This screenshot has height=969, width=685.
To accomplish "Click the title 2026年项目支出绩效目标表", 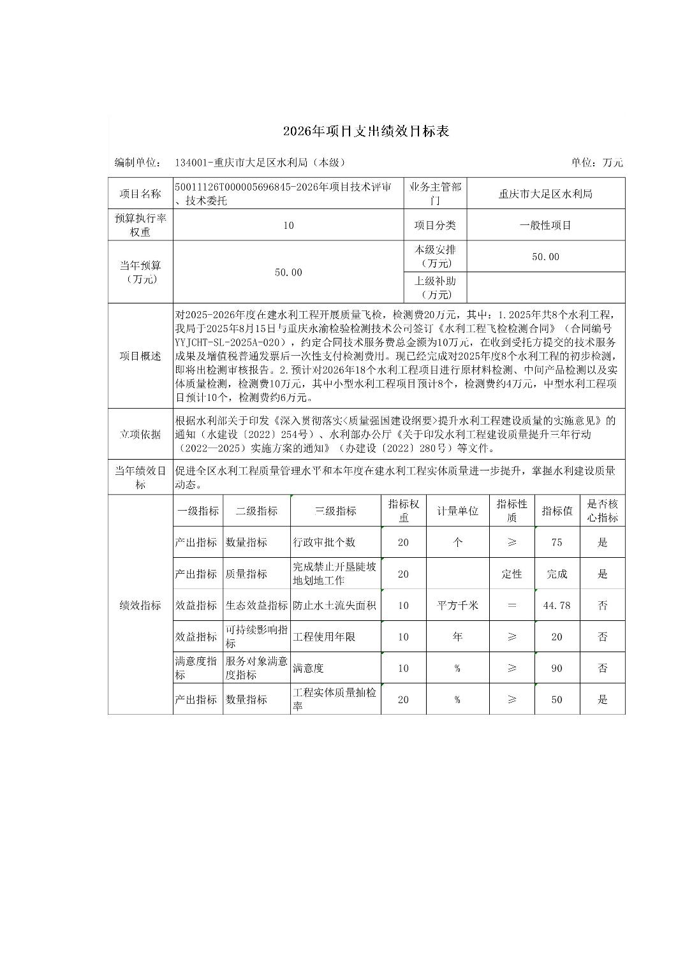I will tap(366, 131).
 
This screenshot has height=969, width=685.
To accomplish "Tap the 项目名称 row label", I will tap(140, 194).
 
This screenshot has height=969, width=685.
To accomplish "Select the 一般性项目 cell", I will tap(545, 225).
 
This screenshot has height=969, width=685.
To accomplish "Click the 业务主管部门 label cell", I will tap(436, 194).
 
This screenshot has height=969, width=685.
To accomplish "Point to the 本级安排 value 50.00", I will tap(545, 257).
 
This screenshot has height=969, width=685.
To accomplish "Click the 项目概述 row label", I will tap(140, 356).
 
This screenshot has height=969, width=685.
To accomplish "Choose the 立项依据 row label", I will tap(140, 434).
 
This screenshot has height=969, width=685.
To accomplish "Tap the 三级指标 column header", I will tap(335, 511).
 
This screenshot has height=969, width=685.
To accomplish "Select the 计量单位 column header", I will tap(457, 511).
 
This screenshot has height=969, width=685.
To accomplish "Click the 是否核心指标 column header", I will tap(602, 511).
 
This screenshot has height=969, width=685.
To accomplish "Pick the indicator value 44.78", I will tap(557, 605).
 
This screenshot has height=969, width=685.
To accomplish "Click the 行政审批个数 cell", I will tap(324, 543).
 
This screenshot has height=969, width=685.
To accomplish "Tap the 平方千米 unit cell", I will tap(457, 605).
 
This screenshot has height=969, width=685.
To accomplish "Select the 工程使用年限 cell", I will tap(324, 636).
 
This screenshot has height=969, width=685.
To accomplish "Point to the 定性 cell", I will tap(512, 574).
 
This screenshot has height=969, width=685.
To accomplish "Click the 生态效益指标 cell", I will tap(256, 605).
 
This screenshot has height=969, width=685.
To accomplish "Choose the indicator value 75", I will tap(557, 543).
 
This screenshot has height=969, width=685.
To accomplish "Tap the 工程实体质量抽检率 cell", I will tap(334, 699).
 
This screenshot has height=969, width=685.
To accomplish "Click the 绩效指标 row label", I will tap(140, 605).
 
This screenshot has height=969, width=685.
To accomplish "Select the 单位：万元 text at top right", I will tap(597, 163).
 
